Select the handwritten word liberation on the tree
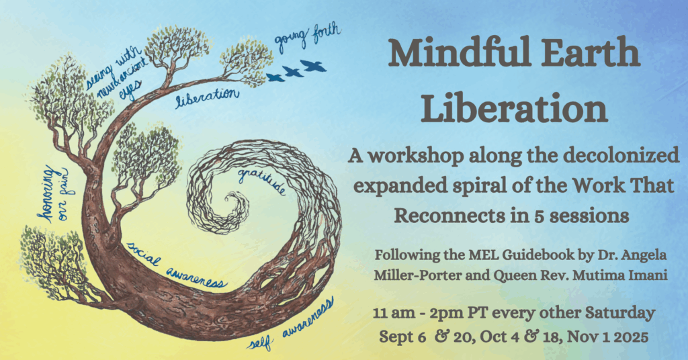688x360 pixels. (x=207, y=97)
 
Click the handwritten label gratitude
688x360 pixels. (x=261, y=181)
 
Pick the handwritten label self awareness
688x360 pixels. (x=290, y=324)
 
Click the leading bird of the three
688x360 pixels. (x=313, y=66)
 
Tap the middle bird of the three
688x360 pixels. (x=293, y=71)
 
